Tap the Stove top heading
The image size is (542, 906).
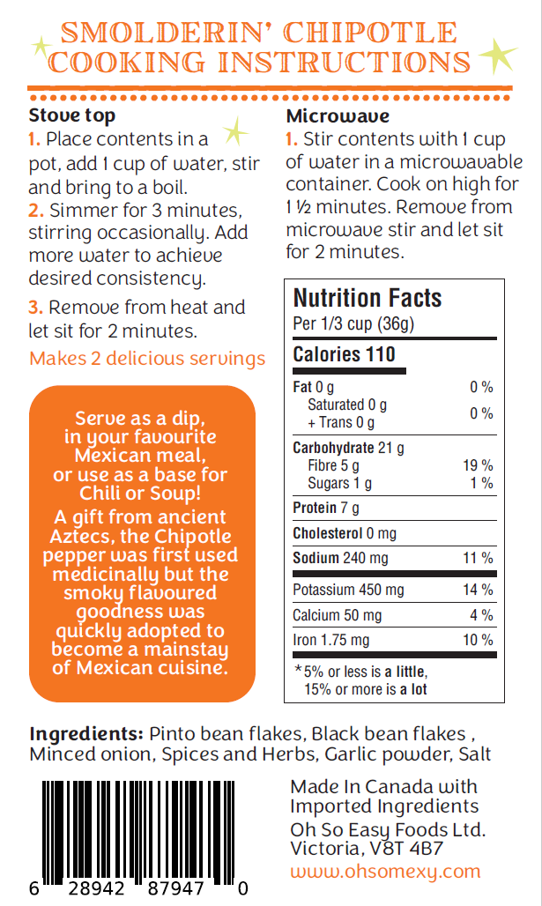coord(71,116)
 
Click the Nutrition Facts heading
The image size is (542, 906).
coord(368,298)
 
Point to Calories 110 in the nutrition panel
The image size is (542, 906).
coord(344,354)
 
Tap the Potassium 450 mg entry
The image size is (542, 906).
coord(348,590)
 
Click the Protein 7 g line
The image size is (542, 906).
coord(325,508)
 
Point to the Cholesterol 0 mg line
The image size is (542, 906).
coord(345,533)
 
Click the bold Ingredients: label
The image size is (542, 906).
coord(86,734)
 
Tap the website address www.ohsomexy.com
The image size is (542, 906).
coord(385,872)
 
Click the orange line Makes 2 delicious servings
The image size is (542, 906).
coord(147,359)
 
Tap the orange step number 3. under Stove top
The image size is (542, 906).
coord(35,308)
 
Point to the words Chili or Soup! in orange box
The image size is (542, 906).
coord(142,493)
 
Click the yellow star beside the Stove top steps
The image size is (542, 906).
coord(234,133)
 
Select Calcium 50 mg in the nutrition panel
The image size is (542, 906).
coord(338,615)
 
